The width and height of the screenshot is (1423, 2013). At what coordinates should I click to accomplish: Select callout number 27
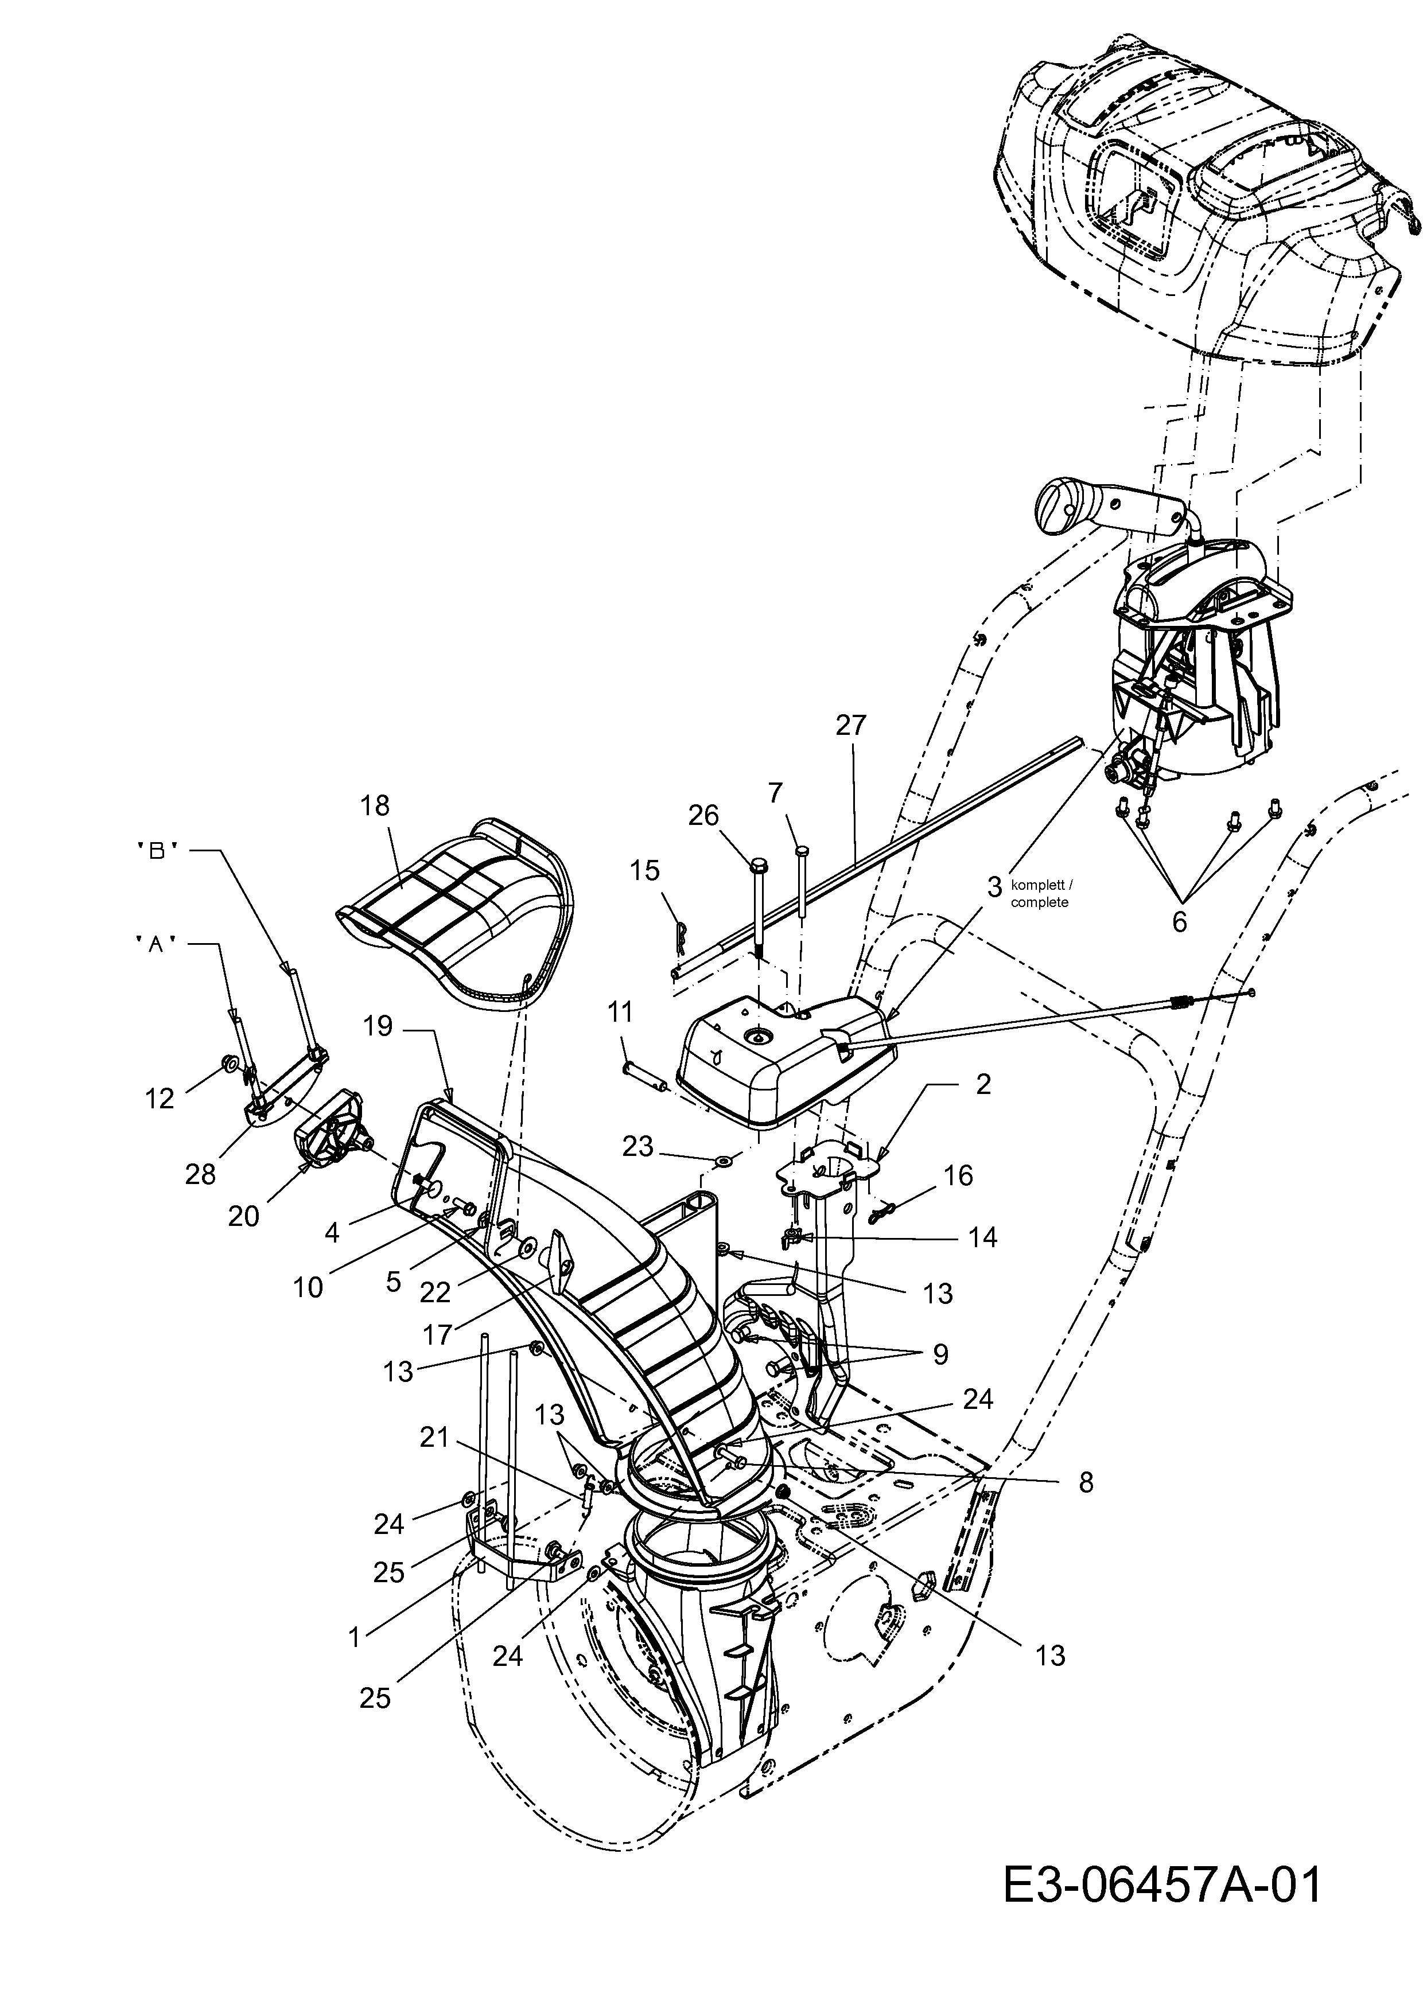(x=850, y=726)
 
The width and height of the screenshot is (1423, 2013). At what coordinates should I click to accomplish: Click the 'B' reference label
(x=158, y=850)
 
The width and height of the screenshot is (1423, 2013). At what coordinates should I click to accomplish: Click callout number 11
(x=619, y=1013)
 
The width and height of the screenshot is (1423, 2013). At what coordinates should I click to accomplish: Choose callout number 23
(x=637, y=1146)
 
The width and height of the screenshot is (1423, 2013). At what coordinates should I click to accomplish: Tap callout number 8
(x=1086, y=1482)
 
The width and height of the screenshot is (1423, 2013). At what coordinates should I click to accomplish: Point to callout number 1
(x=354, y=1637)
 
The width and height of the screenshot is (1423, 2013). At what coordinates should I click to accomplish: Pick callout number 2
(x=983, y=1085)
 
